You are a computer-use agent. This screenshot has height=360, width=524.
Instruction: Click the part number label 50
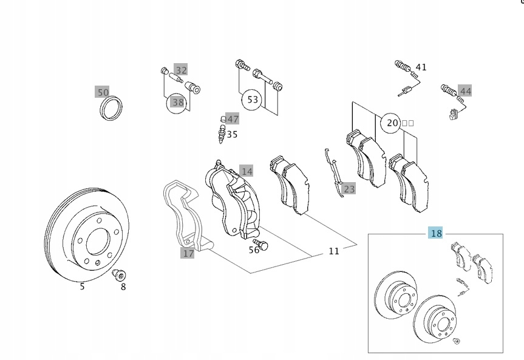[103, 92]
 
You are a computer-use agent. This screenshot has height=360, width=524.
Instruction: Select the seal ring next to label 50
[111, 108]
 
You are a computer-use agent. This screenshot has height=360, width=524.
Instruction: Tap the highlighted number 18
[436, 233]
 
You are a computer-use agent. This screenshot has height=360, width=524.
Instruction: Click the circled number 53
[252, 99]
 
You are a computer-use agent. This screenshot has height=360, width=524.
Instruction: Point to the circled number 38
[177, 102]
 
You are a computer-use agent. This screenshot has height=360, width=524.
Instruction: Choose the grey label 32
[181, 70]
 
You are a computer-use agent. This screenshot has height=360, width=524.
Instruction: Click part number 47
[233, 119]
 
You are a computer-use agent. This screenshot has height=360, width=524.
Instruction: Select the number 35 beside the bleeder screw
[232, 134]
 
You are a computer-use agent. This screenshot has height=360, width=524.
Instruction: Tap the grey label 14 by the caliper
[247, 171]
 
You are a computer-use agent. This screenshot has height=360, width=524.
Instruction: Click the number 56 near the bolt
[254, 250]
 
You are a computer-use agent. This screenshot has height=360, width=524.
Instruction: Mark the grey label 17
[188, 253]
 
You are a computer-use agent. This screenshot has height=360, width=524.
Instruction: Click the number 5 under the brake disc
[82, 287]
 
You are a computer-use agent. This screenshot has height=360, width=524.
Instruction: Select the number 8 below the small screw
[123, 287]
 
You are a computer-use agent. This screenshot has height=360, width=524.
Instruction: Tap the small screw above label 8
[118, 274]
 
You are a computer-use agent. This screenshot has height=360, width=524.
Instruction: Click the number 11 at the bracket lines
[334, 251]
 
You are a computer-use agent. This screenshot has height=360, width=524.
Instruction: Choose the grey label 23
[349, 189]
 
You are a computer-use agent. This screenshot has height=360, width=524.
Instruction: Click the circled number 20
[392, 123]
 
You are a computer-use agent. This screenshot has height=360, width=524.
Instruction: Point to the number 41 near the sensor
[421, 67]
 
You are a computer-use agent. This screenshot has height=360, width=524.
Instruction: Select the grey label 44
[465, 92]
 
